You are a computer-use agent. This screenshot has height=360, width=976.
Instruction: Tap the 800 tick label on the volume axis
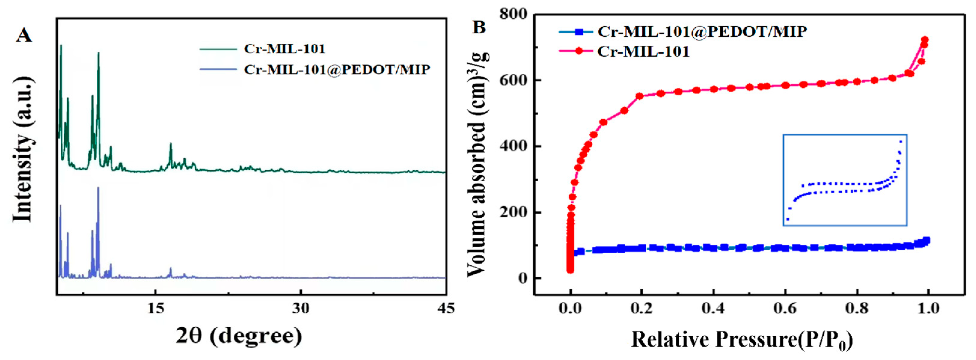click(513, 14)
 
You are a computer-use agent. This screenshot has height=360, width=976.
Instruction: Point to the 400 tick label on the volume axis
click(513, 146)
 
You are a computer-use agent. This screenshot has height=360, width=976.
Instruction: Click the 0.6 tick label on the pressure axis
click(785, 308)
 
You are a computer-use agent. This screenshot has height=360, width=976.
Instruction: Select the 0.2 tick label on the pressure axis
click(642, 308)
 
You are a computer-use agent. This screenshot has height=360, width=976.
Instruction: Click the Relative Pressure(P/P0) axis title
click(742, 340)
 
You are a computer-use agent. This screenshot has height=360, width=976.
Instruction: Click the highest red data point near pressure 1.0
click(925, 40)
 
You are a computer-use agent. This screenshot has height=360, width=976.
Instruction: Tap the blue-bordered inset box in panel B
click(845, 180)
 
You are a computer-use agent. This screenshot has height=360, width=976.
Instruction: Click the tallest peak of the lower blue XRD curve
click(98, 188)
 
